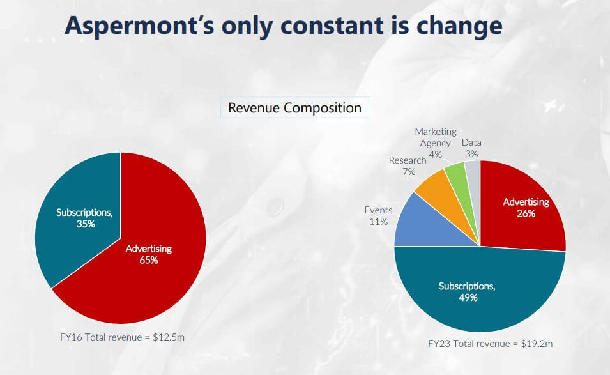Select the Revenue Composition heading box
pyautogui.click(x=294, y=107)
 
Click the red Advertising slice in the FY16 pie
pyautogui.click(x=160, y=281)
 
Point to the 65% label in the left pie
pyautogui.click(x=149, y=260)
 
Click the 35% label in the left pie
pyautogui.click(x=84, y=224)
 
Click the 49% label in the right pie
pyautogui.click(x=467, y=298)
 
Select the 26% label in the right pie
pyautogui.click(x=526, y=213)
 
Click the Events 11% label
pyautogui.click(x=378, y=216)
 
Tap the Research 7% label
pyautogui.click(x=408, y=166)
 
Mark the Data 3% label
pyautogui.click(x=471, y=148)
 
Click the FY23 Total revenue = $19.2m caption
pyautogui.click(x=490, y=344)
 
